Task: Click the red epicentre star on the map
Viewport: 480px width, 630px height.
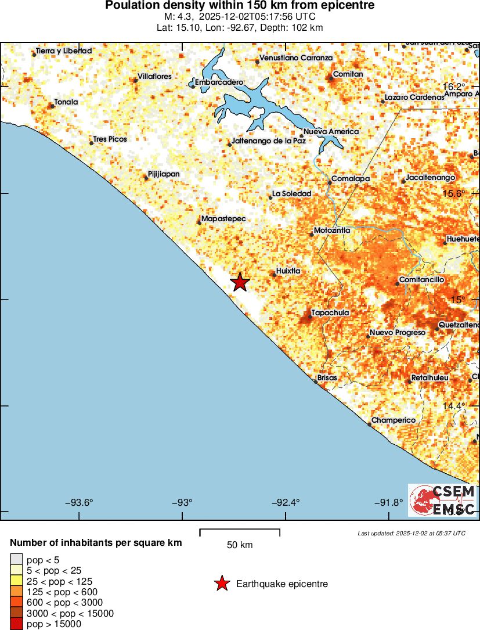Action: point(240,282)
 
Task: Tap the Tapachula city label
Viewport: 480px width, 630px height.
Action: point(330,313)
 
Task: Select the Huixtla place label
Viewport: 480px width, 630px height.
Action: point(288,271)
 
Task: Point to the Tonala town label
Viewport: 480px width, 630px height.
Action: point(66,102)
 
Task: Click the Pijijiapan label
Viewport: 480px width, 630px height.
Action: point(164,174)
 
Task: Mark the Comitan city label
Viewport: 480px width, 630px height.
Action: point(348,74)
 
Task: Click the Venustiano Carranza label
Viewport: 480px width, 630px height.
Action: point(296,58)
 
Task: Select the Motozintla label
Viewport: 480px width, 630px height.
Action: point(331,231)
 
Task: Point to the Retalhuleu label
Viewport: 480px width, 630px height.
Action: point(430,378)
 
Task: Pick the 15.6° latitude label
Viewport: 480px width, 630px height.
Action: point(454,193)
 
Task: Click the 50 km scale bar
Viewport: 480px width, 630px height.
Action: point(240,532)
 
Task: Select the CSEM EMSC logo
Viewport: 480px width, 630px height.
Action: point(443,500)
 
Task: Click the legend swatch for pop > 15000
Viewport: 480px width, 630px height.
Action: point(16,624)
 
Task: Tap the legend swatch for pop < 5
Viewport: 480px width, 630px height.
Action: point(16,560)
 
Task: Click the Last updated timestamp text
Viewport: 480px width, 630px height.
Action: point(412,533)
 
